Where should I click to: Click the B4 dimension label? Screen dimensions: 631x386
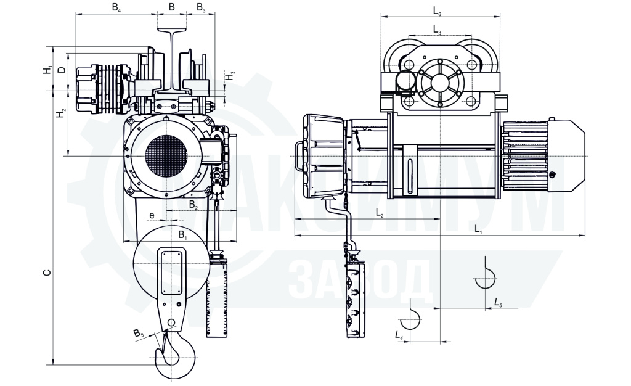pyautogui.click(x=116, y=8)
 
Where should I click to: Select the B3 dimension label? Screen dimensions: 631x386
pyautogui.click(x=202, y=8)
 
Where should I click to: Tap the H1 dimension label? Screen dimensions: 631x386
pyautogui.click(x=48, y=69)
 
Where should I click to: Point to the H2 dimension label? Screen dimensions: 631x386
pyautogui.click(x=61, y=113)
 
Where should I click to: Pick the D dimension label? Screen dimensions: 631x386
pyautogui.click(x=61, y=70)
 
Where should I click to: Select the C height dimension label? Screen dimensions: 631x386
pyautogui.click(x=47, y=273)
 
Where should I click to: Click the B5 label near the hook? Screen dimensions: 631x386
pyautogui.click(x=139, y=333)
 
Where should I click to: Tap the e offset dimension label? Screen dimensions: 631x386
pyautogui.click(x=152, y=215)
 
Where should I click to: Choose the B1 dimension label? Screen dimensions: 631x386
pyautogui.click(x=182, y=234)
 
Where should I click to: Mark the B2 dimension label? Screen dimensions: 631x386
pyautogui.click(x=193, y=205)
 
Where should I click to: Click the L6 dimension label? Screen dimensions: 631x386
pyautogui.click(x=438, y=11)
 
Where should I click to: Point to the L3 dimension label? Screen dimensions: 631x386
pyautogui.click(x=438, y=30)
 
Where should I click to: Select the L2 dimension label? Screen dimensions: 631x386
pyautogui.click(x=380, y=213)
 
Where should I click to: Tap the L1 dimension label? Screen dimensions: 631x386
pyautogui.click(x=478, y=230)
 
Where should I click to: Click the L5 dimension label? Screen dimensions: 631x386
pyautogui.click(x=498, y=302)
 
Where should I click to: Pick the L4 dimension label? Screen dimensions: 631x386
pyautogui.click(x=399, y=334)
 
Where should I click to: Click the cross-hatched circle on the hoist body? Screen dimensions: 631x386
pyautogui.click(x=166, y=156)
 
